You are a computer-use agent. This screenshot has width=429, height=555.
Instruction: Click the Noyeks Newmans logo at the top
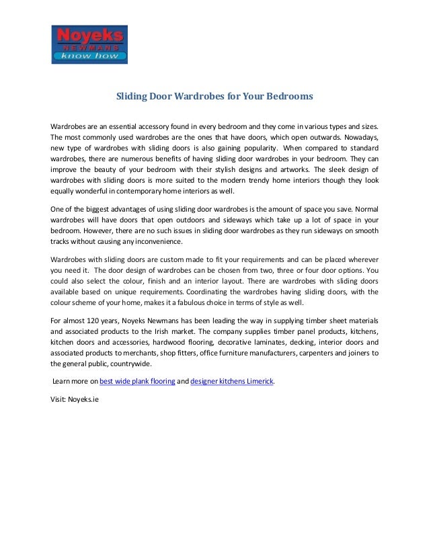point(89,44)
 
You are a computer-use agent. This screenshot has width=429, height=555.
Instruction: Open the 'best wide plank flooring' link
point(137,381)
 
